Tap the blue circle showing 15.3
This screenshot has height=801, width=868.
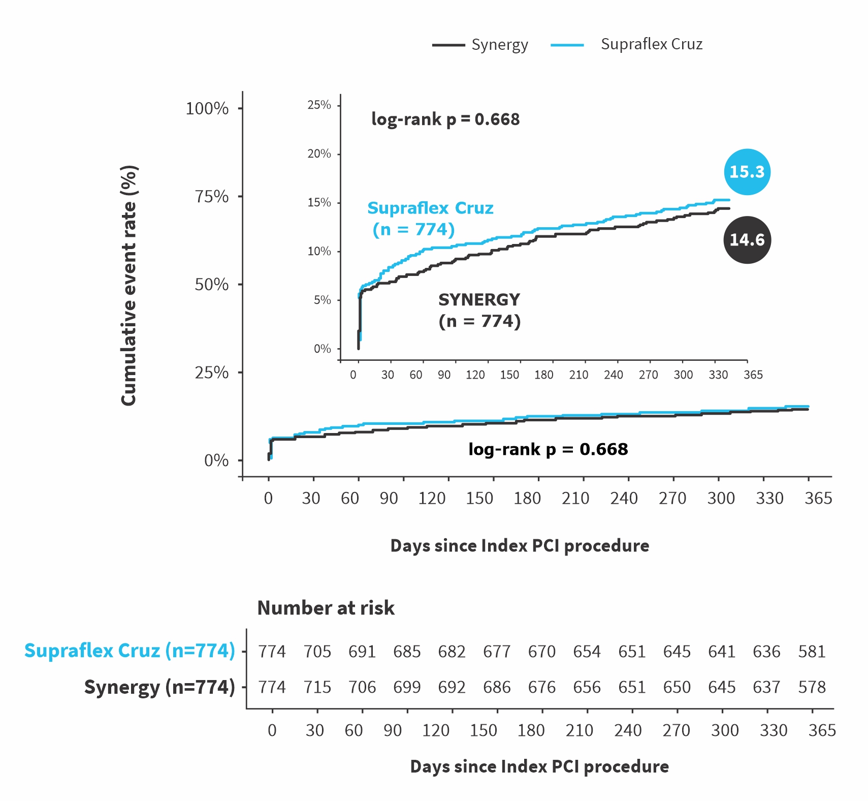tap(747, 172)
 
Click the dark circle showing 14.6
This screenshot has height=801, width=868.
tap(747, 240)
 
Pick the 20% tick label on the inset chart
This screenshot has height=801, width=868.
tap(319, 153)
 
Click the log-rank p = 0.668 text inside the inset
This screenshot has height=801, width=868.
tap(445, 119)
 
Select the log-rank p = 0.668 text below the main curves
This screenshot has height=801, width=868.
tap(548, 449)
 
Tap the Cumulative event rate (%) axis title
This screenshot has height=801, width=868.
tap(129, 285)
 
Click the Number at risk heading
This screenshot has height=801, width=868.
tap(326, 608)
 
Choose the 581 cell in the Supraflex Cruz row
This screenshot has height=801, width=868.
tap(812, 652)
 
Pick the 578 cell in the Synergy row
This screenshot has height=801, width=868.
tap(812, 687)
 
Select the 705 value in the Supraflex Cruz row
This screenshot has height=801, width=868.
tap(317, 652)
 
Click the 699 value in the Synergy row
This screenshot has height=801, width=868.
tap(407, 687)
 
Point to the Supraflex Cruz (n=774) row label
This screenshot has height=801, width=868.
tap(130, 651)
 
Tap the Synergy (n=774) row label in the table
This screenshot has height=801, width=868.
tap(159, 687)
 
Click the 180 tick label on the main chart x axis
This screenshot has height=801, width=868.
tap(527, 498)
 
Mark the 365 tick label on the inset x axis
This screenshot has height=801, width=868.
tap(753, 375)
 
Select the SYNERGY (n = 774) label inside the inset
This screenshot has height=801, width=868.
tap(479, 311)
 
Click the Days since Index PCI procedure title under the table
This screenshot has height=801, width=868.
tap(539, 766)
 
